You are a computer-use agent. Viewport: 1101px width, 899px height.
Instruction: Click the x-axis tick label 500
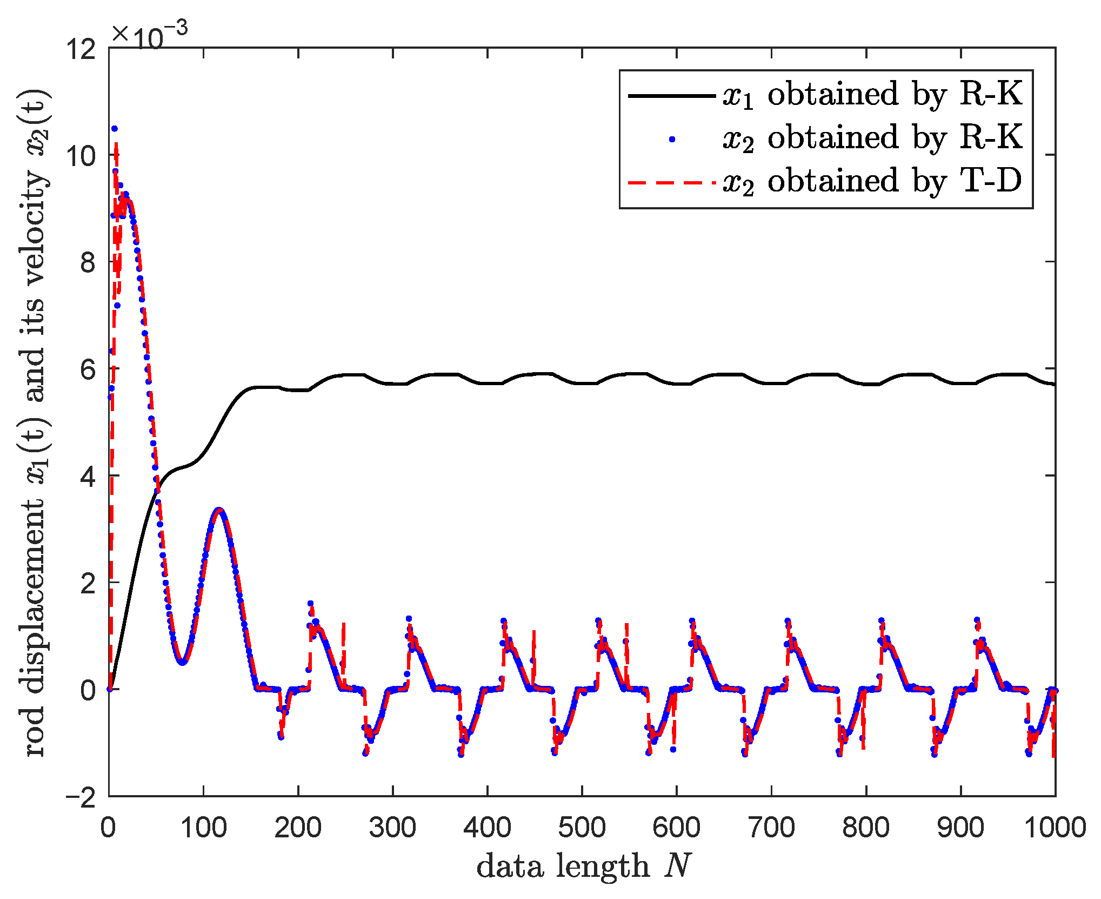coord(582,828)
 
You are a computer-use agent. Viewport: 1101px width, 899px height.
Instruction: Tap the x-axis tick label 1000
coord(1055,828)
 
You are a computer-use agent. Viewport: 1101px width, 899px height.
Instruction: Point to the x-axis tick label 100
coord(203,828)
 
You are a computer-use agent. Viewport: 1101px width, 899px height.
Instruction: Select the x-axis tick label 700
coord(771,828)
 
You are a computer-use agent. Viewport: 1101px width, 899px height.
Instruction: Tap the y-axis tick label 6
coord(88,370)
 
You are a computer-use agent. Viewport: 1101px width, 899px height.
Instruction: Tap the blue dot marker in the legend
coord(672,140)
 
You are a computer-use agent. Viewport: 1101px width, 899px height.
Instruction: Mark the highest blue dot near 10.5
coord(114,129)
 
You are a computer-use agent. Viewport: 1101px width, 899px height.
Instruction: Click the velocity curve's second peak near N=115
coord(219,510)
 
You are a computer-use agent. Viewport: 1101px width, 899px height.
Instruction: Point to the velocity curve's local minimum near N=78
coord(183,662)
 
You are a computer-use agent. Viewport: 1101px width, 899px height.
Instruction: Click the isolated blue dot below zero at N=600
coord(673,749)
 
